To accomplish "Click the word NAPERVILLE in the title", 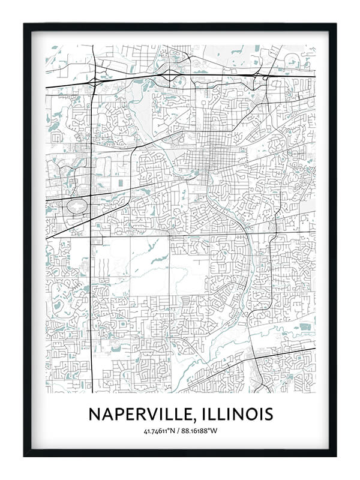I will [140, 414].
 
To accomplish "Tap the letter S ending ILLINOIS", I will [268, 414].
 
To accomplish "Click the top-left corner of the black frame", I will [25, 25].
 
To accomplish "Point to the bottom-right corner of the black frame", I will [335, 455].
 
